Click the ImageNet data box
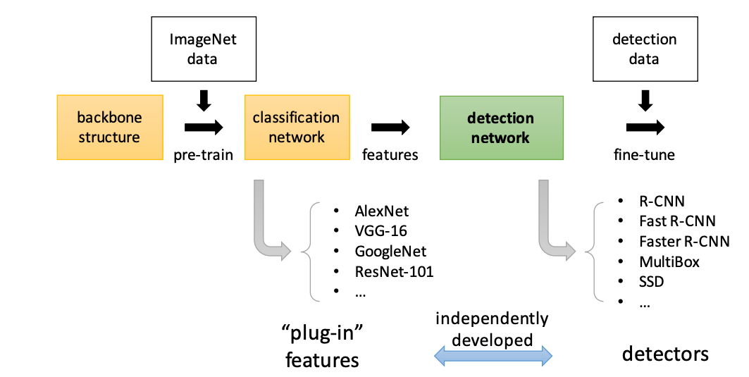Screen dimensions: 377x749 pyautogui.click(x=203, y=49)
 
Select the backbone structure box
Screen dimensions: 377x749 pyautogui.click(x=109, y=127)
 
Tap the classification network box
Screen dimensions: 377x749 pyautogui.click(x=296, y=127)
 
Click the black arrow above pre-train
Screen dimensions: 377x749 pyautogui.click(x=203, y=128)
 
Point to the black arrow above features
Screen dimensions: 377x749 pyautogui.click(x=390, y=128)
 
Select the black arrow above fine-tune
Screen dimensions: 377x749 pyautogui.click(x=644, y=128)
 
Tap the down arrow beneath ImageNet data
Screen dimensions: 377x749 pyautogui.click(x=203, y=100)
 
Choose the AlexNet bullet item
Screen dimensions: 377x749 pyautogui.click(x=381, y=211)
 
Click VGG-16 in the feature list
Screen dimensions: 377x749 pyautogui.click(x=380, y=230)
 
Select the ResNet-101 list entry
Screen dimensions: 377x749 pyautogui.click(x=393, y=271)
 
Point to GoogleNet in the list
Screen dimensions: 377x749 pyautogui.click(x=390, y=251)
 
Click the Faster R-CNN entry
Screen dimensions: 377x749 pyautogui.click(x=683, y=241)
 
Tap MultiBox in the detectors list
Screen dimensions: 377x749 pyautogui.click(x=669, y=261)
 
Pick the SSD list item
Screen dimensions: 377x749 pyautogui.click(x=652, y=282)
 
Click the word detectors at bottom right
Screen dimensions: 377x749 pyautogui.click(x=664, y=353)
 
